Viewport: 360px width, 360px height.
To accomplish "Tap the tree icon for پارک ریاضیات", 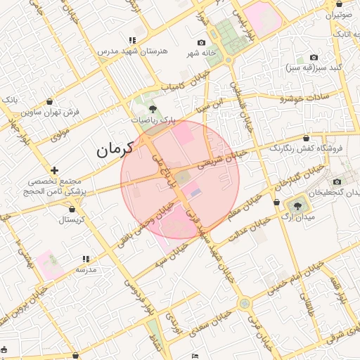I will click(x=153, y=108).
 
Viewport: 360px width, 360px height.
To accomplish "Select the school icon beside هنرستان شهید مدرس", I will click(x=132, y=40).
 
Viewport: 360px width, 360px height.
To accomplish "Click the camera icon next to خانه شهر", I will click(x=202, y=43).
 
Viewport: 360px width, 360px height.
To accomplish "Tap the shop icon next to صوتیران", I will click(x=330, y=3).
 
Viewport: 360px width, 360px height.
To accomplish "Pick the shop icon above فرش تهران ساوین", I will click(x=49, y=102).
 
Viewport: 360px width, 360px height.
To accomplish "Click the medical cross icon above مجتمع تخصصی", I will click(x=54, y=170).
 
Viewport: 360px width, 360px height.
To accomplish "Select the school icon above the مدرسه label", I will click(x=86, y=259).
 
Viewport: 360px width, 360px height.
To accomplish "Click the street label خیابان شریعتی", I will click(x=222, y=157).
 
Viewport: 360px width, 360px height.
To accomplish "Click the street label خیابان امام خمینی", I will click(x=295, y=272).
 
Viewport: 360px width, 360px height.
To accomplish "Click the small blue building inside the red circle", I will click(x=196, y=192).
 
